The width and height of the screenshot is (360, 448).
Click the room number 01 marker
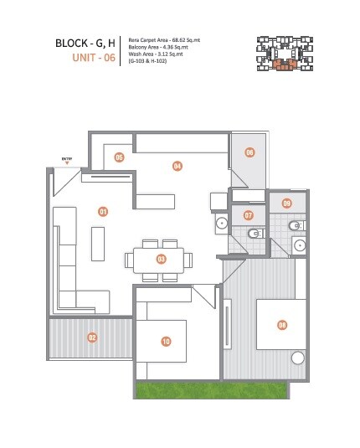pyautogui.click(x=103, y=212)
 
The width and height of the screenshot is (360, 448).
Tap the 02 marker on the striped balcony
pyautogui.click(x=92, y=337)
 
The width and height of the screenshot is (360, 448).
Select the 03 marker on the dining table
pyautogui.click(x=160, y=259)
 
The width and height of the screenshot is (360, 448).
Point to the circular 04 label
pyautogui.click(x=177, y=166)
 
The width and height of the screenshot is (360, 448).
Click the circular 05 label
pyautogui.click(x=120, y=157)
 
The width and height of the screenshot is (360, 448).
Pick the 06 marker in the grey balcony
pyautogui.click(x=249, y=152)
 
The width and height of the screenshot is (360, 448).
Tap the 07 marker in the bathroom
pyautogui.click(x=249, y=215)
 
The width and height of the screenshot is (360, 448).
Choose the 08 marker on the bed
pyautogui.click(x=282, y=325)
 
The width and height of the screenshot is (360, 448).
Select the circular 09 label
pyautogui.click(x=286, y=203)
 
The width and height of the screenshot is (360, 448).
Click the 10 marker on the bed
pyautogui.click(x=166, y=341)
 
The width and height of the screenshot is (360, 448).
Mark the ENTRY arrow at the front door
pyautogui.click(x=67, y=161)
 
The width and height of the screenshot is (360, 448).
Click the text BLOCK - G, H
pyautogui.click(x=83, y=43)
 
